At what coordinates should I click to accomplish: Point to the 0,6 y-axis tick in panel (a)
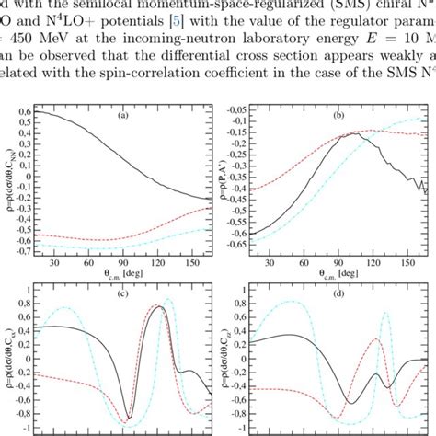(x=23, y=111)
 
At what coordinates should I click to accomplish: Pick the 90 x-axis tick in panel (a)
(x=96, y=263)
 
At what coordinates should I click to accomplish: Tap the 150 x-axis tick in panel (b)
(x=388, y=263)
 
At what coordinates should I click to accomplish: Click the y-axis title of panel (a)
(x=7, y=179)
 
